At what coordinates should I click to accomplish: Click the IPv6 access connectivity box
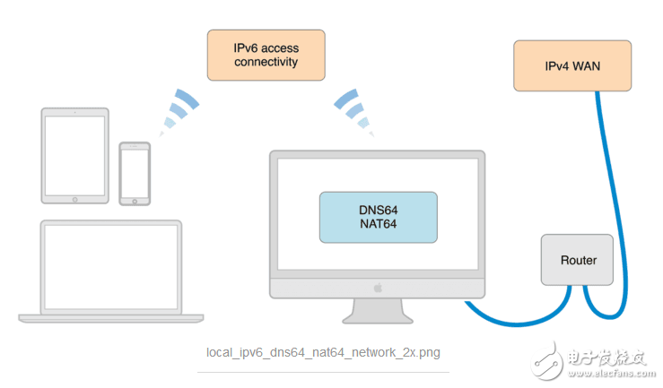(x=266, y=55)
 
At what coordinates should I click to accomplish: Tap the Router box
(x=578, y=260)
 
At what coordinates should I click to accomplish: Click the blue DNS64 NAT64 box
(x=378, y=217)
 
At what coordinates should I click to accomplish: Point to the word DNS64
(x=378, y=209)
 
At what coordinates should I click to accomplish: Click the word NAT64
(x=378, y=224)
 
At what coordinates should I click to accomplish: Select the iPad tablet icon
(x=75, y=155)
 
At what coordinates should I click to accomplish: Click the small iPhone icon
(x=135, y=172)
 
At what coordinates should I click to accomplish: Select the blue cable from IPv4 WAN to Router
(x=611, y=197)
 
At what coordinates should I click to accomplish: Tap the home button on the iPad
(x=75, y=196)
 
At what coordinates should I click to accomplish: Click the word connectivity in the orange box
(x=266, y=63)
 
